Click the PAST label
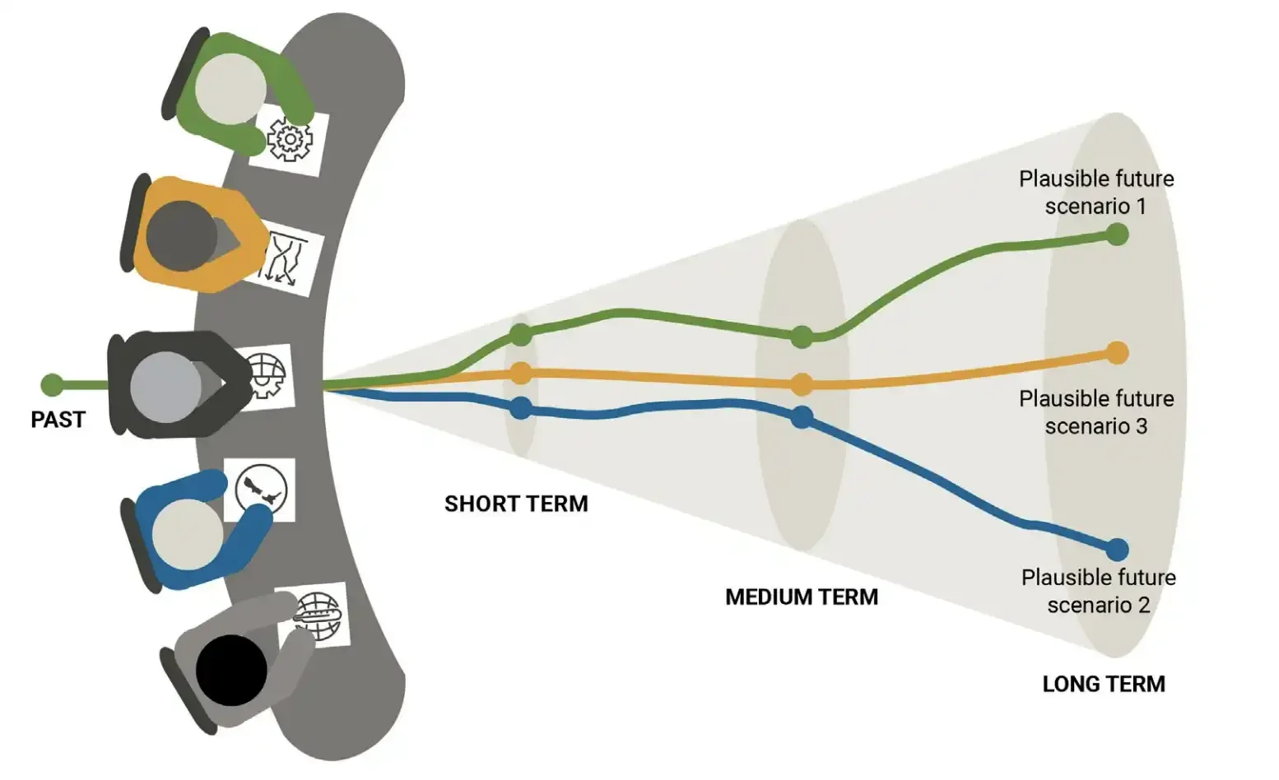pos(58,420)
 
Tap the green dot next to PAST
pos(52,384)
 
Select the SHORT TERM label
pos(516,504)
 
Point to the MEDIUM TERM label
pos(801,597)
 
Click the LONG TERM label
pos(1103,684)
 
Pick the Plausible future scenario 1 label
pos(1095,192)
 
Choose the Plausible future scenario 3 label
pos(1095,412)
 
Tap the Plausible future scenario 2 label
pos(1098,591)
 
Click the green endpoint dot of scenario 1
pos(1117,234)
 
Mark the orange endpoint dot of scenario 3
pos(1117,353)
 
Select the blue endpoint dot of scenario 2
pos(1117,549)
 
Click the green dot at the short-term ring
pos(520,335)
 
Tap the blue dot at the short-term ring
pos(520,407)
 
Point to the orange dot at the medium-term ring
pos(802,383)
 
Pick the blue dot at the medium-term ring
pos(802,417)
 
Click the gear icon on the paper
pos(290,140)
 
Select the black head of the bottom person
pos(231,670)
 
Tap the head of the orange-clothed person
pos(181,234)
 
